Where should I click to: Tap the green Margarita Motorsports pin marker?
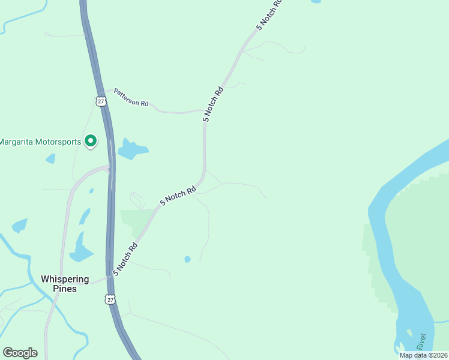pos(91,141)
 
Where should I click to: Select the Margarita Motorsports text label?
pos(40,142)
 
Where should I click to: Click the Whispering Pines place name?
pos(65,284)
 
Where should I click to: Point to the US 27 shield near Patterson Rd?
pos(100,100)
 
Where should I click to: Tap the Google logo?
pos(20,352)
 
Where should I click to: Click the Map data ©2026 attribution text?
pos(423,355)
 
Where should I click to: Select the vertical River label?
pos(423,341)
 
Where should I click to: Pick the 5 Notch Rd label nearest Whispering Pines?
pos(125,259)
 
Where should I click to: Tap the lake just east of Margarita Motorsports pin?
pos(132,149)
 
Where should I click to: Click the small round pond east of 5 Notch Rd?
pos(187,259)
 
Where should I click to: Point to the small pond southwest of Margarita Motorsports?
pos(50,158)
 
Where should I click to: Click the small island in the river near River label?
pos(409,334)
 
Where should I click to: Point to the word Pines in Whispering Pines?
pos(65,289)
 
